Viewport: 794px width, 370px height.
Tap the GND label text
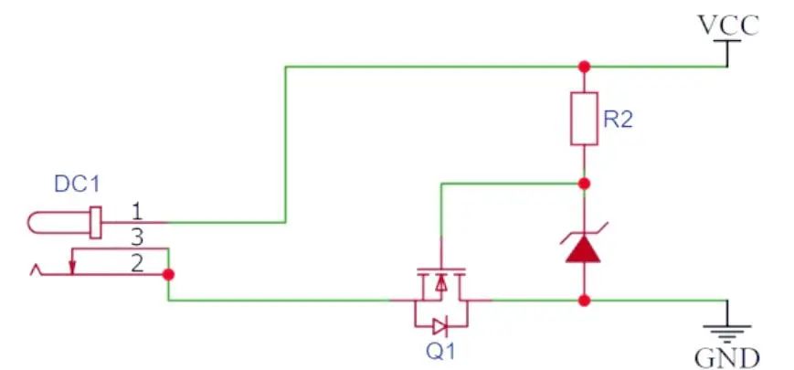tap(726, 357)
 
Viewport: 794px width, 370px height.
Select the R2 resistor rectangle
tap(585, 119)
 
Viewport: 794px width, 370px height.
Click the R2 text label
tap(619, 120)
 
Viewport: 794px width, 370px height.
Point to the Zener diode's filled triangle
tap(583, 249)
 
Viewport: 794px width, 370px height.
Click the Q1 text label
tap(439, 352)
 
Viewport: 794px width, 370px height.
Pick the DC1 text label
tap(77, 185)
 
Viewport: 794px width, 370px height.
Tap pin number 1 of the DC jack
tap(136, 213)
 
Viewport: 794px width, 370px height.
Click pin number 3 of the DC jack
tap(137, 238)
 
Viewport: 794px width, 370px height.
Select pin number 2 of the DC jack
tap(137, 264)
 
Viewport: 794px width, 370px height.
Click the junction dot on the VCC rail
tap(585, 67)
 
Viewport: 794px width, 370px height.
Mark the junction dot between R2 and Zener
tap(585, 184)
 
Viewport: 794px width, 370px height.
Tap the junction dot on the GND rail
tap(585, 301)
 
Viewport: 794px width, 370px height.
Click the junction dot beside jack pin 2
tap(169, 275)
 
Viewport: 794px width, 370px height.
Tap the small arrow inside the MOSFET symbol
tap(441, 283)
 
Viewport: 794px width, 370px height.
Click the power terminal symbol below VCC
tap(727, 53)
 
